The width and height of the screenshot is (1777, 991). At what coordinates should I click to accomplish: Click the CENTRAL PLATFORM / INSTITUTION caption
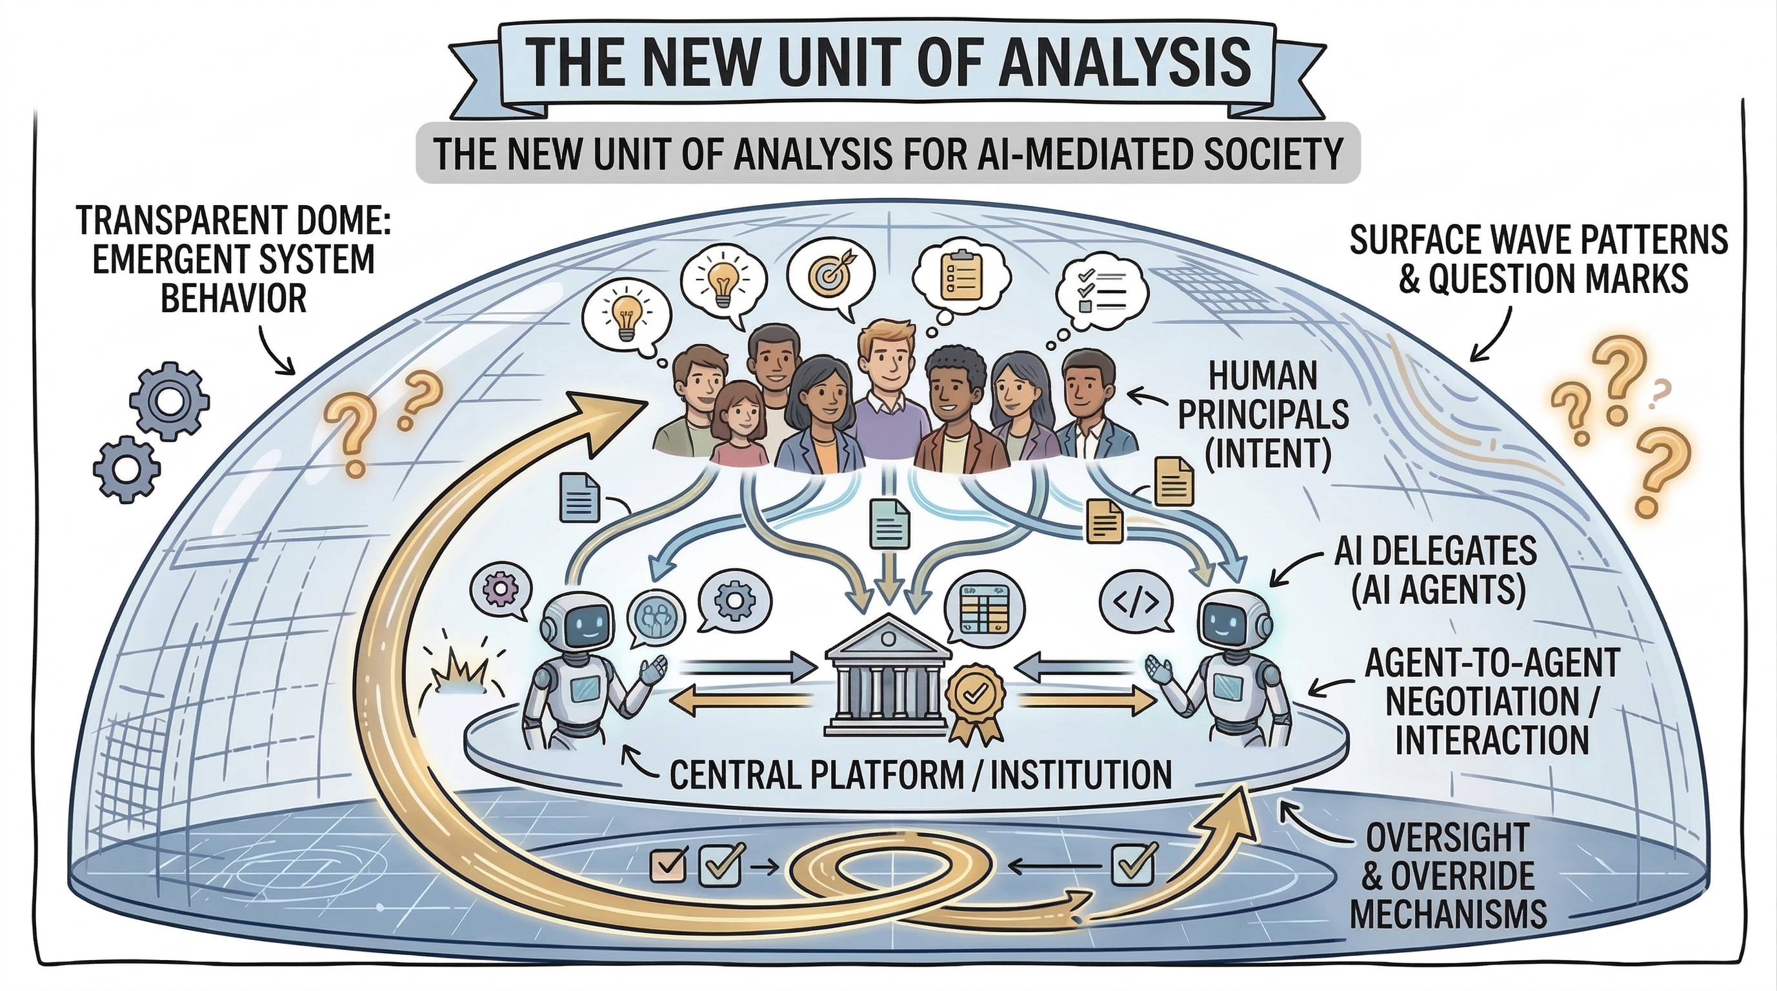tap(921, 774)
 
